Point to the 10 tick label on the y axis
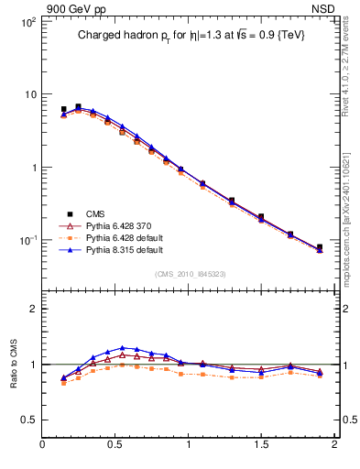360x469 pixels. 29,94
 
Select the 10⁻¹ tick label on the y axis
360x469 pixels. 27,240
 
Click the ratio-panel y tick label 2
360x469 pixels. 33,309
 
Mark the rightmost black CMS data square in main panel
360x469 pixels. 320,247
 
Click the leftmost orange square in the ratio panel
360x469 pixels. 63,383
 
